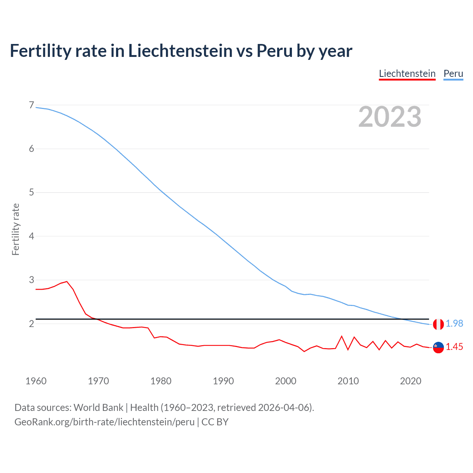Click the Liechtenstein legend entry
point(407,74)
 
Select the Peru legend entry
point(453,74)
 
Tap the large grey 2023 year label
point(390,117)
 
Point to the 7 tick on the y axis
point(31,105)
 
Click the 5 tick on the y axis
point(31,193)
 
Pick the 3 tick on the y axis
point(31,280)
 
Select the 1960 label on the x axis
point(36,381)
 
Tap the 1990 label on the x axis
point(223,381)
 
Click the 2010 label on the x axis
point(348,381)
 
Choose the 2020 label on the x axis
point(411,381)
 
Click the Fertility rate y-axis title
point(16,229)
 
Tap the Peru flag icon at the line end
point(438,324)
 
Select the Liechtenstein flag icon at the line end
point(438,347)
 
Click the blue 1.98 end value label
point(454,324)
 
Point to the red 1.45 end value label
point(454,347)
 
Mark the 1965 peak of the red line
point(67,282)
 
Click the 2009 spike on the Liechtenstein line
point(342,336)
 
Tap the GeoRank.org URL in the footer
point(105,422)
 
